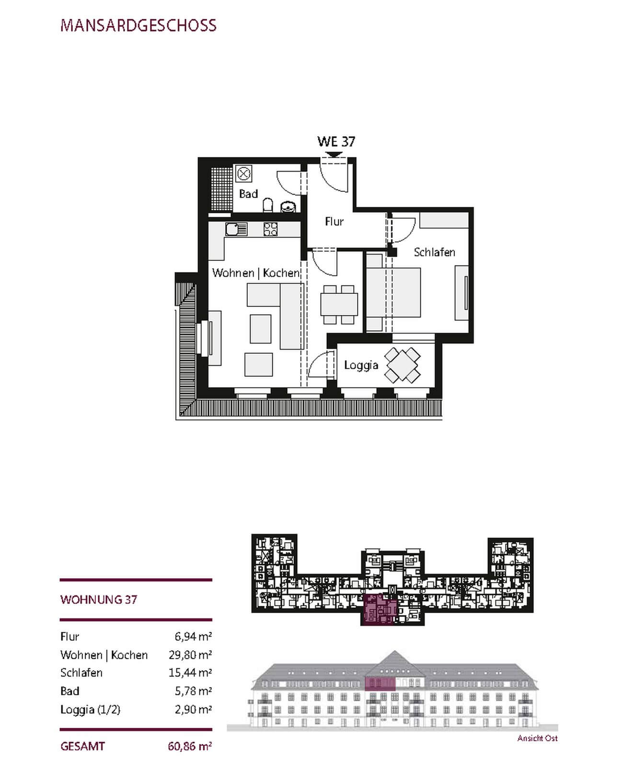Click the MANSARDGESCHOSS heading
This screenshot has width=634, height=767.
coord(138,25)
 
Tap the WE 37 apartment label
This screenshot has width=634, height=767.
coord(336,141)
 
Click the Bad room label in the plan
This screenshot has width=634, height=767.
coord(248,194)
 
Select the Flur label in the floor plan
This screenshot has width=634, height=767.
coord(334,221)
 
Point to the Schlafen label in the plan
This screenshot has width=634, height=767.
coord(434,252)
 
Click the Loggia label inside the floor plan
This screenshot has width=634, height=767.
coord(361,365)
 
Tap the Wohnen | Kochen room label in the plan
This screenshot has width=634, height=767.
coord(256,273)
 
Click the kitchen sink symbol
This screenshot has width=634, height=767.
coord(236,230)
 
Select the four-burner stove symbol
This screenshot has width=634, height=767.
coord(270,230)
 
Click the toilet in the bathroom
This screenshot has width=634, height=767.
coord(268,206)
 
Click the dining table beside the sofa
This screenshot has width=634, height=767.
coord(339,305)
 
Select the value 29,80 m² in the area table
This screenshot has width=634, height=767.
coord(190,655)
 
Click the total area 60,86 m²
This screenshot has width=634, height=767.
coord(190,746)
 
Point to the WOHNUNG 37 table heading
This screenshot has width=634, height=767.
coord(99,600)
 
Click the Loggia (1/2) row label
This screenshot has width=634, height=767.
coord(90,709)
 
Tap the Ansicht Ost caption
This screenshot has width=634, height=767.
coord(537,738)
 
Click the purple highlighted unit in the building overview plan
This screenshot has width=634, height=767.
coord(379,609)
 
